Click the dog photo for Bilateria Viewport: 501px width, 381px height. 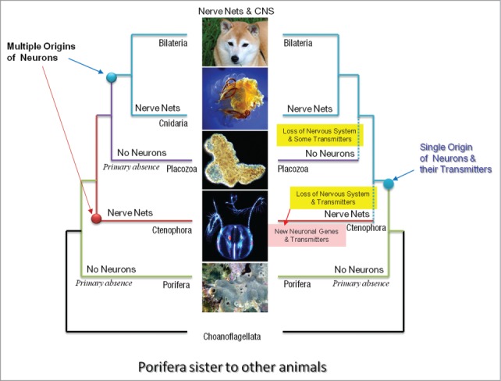234,41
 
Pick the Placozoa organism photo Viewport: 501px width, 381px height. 234,158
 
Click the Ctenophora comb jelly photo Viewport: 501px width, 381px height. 234,226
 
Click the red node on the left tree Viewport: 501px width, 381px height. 97,219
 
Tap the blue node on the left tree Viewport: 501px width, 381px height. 111,77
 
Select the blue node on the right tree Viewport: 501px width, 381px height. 388,183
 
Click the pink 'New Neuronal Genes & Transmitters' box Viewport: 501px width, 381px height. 307,236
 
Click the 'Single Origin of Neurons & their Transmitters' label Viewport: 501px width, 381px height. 457,158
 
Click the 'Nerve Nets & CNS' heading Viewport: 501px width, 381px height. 235,9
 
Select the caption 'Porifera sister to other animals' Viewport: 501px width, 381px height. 233,365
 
